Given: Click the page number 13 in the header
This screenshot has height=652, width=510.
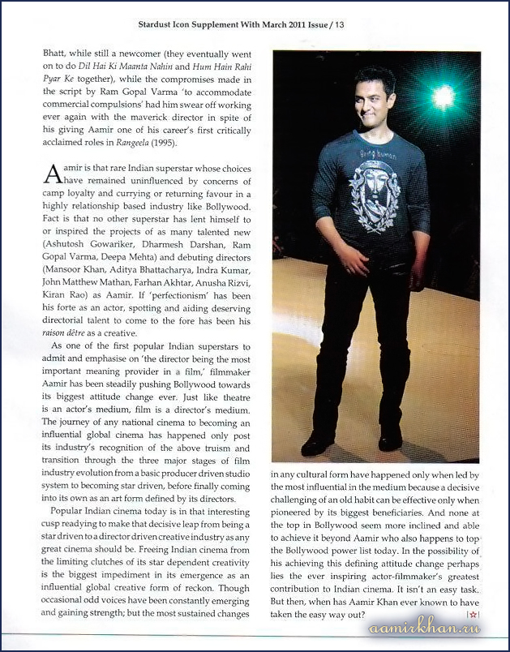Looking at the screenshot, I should (x=339, y=25).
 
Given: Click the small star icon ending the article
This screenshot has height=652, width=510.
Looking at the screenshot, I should (x=473, y=617).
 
